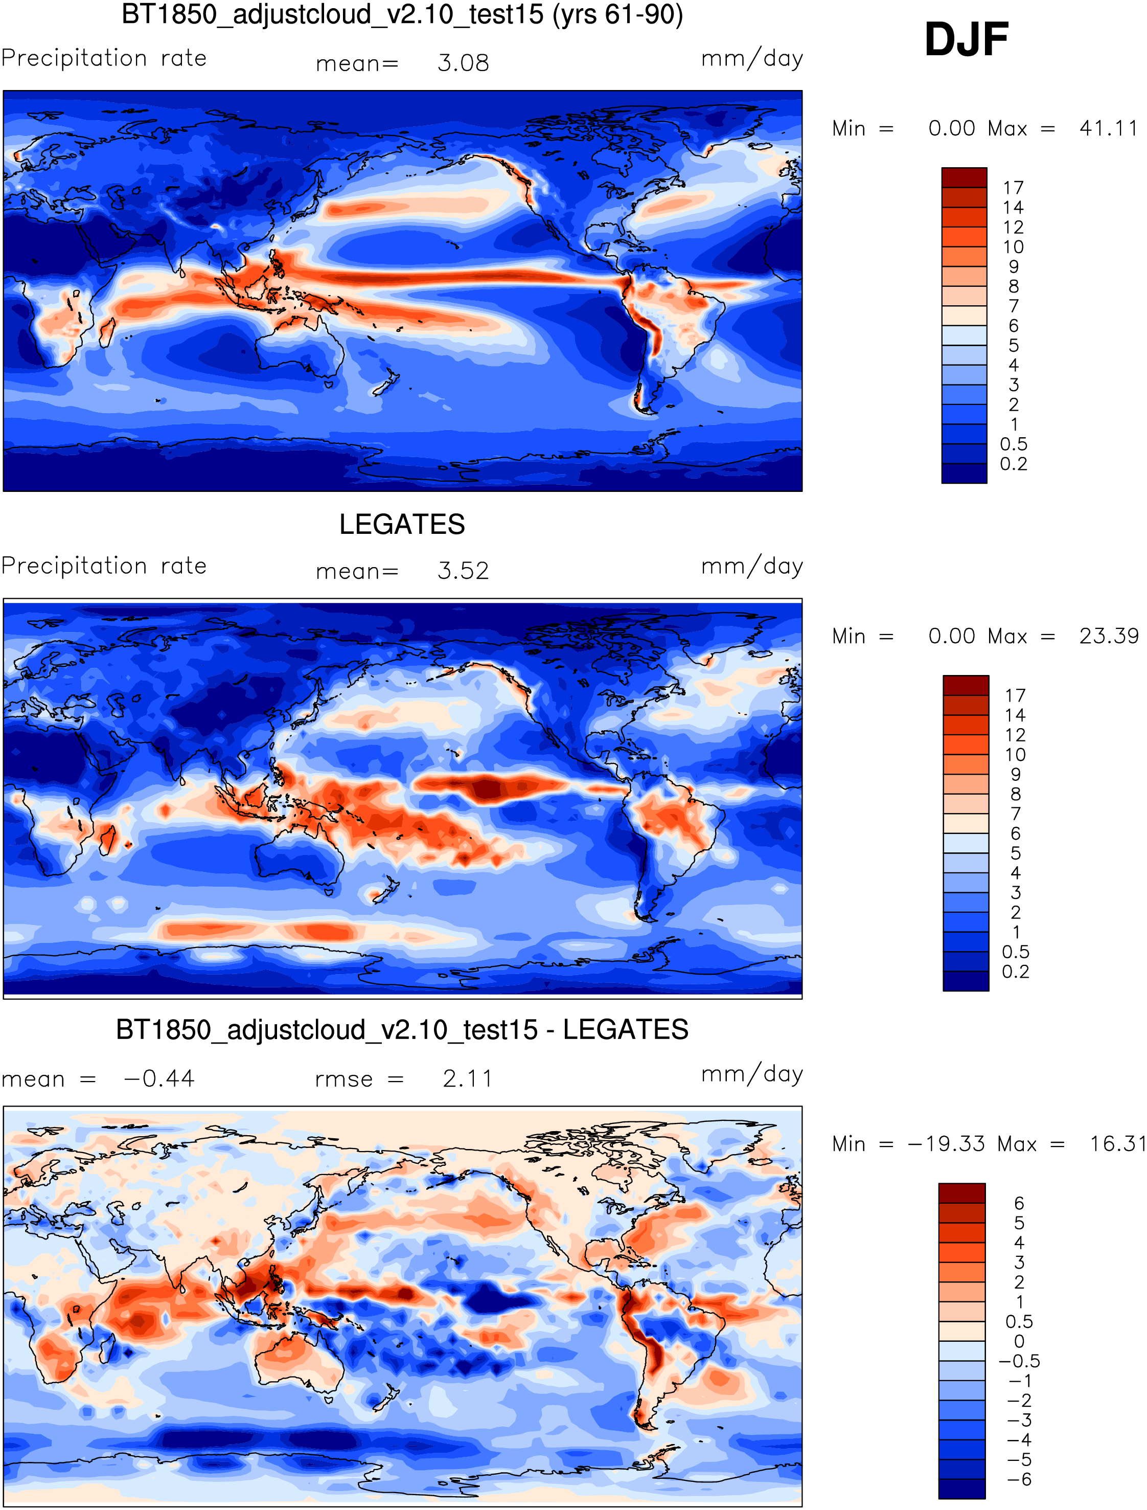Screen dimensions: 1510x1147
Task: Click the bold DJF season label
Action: point(966,39)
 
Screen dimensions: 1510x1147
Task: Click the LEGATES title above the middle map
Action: point(402,525)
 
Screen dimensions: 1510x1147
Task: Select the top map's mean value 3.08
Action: point(463,63)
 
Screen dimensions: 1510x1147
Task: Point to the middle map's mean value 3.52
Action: point(463,571)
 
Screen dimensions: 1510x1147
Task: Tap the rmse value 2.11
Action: point(468,1079)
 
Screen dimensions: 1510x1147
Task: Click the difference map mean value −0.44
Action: point(159,1079)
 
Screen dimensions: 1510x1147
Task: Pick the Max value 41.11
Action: point(1108,128)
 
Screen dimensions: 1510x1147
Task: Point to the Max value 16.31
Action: point(1117,1144)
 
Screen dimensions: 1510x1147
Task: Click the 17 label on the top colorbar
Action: point(1013,188)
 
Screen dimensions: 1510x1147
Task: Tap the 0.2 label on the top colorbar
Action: point(1013,464)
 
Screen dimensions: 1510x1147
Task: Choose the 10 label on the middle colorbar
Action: point(1015,755)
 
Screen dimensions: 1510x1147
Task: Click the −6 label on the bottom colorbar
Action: point(1019,1479)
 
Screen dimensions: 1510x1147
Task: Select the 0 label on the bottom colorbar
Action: point(1019,1341)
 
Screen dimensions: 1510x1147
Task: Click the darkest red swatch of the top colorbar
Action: point(964,177)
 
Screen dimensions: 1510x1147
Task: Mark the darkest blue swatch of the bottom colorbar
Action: point(961,1489)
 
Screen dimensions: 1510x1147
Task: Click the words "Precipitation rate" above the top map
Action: point(104,58)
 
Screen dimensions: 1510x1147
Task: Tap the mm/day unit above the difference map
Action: point(752,1074)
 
